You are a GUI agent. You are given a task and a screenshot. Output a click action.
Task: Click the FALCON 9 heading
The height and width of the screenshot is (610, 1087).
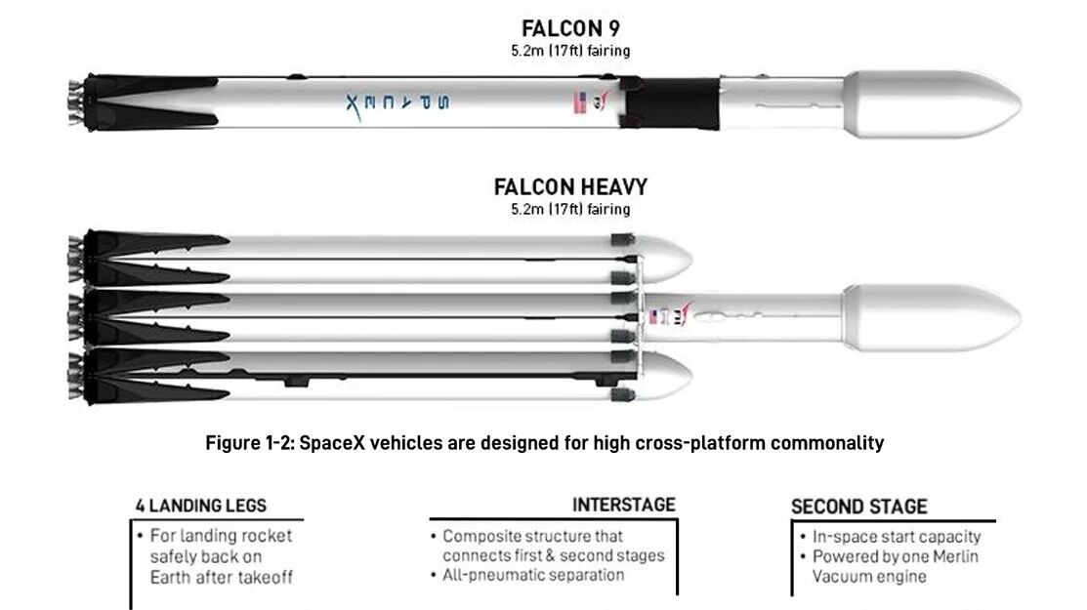(570, 29)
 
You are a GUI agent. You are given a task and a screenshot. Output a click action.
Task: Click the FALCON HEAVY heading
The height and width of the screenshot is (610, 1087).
(570, 187)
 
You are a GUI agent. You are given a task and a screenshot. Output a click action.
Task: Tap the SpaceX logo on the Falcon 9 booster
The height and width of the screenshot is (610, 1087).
(397, 104)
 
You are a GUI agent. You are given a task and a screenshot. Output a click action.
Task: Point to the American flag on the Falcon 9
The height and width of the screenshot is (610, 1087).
(580, 103)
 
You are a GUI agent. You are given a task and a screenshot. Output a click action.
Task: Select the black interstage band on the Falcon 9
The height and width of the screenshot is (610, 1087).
(670, 102)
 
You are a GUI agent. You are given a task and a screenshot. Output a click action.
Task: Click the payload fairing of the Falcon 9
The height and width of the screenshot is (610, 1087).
(933, 103)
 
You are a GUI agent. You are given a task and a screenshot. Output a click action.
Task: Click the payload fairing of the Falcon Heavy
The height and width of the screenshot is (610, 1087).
(933, 318)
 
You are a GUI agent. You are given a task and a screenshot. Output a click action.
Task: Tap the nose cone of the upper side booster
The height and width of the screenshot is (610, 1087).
(664, 259)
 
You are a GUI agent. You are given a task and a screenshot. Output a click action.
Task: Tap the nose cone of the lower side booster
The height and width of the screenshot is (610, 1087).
(664, 376)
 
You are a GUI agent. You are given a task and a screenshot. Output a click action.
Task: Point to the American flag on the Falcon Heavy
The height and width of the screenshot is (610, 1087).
(652, 317)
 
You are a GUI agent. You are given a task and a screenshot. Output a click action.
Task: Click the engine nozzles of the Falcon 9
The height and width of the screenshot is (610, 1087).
(75, 103)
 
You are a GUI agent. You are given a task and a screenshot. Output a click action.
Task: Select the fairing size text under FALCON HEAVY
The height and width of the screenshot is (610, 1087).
(570, 209)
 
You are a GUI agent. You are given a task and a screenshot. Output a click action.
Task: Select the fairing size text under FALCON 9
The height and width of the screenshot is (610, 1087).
(570, 51)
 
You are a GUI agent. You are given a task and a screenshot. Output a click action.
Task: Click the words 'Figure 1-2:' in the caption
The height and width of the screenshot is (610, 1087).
(250, 442)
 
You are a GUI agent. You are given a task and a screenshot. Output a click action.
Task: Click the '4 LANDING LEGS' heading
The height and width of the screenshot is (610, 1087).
(201, 506)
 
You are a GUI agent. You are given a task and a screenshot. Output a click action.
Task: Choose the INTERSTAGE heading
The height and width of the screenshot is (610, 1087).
(624, 505)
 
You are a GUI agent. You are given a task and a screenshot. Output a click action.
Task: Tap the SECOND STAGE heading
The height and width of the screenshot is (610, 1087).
(858, 507)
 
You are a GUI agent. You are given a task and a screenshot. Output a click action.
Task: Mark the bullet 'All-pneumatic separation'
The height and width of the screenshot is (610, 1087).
(527, 575)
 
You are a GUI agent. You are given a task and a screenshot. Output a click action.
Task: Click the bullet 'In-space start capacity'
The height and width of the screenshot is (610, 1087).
(891, 537)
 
